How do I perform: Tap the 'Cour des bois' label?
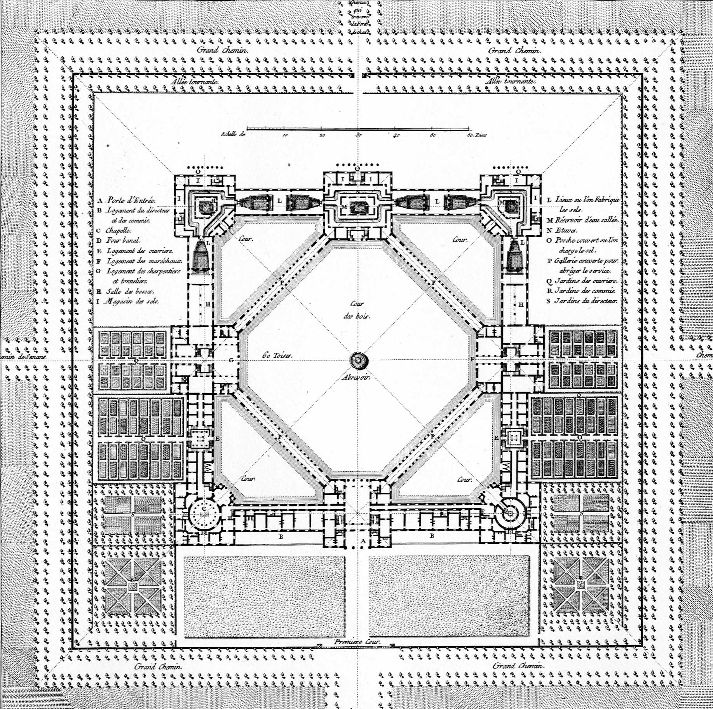pyautogui.click(x=357, y=310)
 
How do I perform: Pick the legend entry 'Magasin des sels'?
pyautogui.click(x=132, y=301)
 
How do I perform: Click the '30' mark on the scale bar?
pyautogui.click(x=358, y=135)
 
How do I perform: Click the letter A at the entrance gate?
pyautogui.click(x=363, y=541)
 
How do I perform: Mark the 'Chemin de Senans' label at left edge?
pyautogui.click(x=24, y=356)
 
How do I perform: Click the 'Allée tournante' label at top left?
pyautogui.click(x=195, y=82)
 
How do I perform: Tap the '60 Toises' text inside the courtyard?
pyautogui.click(x=276, y=355)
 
